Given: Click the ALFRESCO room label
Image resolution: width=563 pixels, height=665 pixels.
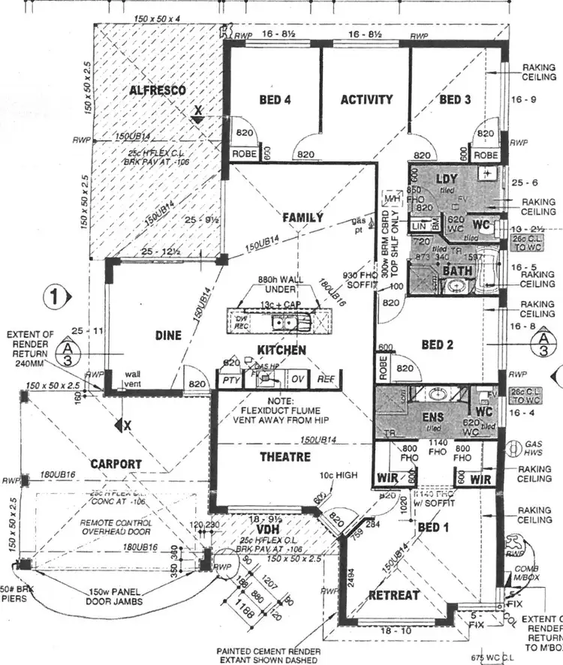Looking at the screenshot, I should (158, 90).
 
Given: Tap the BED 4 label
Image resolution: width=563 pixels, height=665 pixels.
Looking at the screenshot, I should (275, 100).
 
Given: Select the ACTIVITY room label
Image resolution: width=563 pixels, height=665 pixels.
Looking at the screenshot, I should (366, 100).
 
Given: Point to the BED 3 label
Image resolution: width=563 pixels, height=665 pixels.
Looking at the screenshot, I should (455, 100).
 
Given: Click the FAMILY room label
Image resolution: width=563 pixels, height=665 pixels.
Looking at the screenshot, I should (303, 218).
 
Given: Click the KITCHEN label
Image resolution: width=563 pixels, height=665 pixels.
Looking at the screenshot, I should (281, 351).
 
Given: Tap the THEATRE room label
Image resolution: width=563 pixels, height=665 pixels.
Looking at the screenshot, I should (285, 456).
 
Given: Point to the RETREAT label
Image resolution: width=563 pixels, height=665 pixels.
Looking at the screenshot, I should (394, 595).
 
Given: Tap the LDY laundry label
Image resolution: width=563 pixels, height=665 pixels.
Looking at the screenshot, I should (447, 179).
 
